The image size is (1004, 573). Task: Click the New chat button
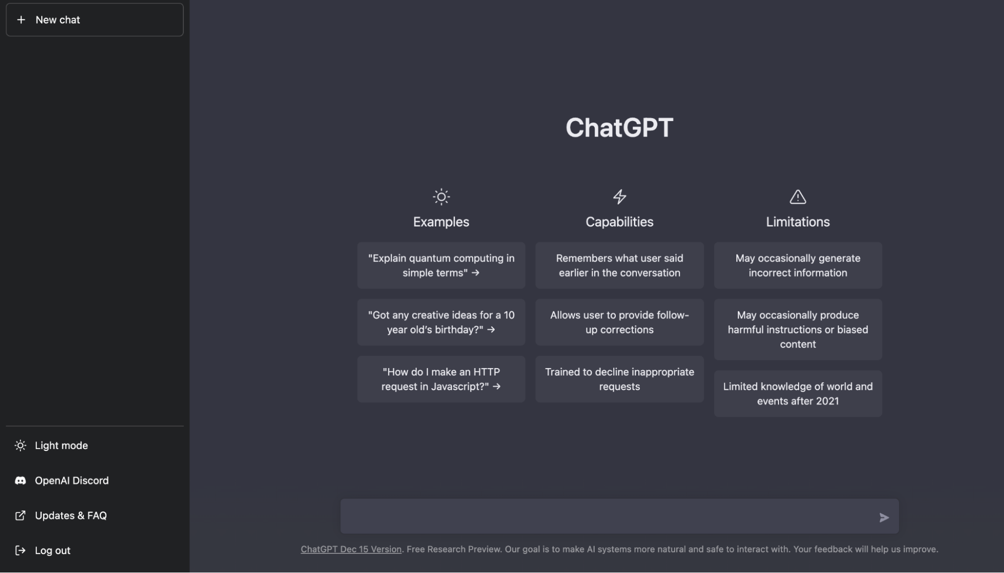[x=94, y=20]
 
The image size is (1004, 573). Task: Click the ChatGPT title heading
[x=619, y=128]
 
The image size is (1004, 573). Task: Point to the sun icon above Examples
[x=441, y=197]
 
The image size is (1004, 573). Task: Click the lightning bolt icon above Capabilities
[x=620, y=197]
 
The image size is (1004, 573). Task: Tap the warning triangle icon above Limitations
[x=798, y=197]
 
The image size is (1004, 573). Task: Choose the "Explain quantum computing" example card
[x=441, y=266]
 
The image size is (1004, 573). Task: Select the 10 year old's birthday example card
[x=441, y=322]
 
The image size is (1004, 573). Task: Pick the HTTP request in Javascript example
[x=441, y=379]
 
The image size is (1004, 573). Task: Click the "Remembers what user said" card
[x=619, y=266]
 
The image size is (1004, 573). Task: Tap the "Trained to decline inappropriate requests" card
[x=619, y=379]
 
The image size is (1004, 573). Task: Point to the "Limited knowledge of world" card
[x=798, y=394]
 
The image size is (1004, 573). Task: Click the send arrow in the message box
[x=884, y=517]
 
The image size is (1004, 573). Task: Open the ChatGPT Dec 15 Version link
[x=351, y=549]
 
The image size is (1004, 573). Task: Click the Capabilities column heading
[x=619, y=222]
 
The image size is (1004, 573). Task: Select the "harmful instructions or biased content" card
[x=798, y=329]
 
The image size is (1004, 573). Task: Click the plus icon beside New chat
[x=21, y=20]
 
